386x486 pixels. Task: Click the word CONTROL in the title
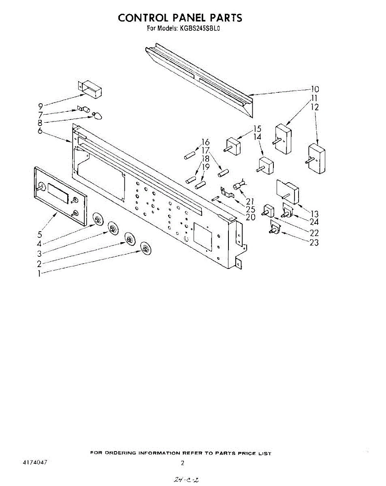pos(143,18)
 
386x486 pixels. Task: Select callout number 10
pos(314,89)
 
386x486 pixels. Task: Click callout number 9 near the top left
pos(41,106)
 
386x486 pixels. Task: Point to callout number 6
pos(41,131)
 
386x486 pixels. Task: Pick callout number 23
pos(313,242)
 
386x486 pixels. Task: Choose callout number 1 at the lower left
pos(39,273)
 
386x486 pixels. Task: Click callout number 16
pos(206,142)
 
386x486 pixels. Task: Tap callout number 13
pos(314,214)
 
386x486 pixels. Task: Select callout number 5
pos(40,234)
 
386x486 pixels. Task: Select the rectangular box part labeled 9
pos(90,89)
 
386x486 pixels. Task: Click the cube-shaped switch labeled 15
pos(233,145)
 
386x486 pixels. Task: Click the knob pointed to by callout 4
pos(98,220)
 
